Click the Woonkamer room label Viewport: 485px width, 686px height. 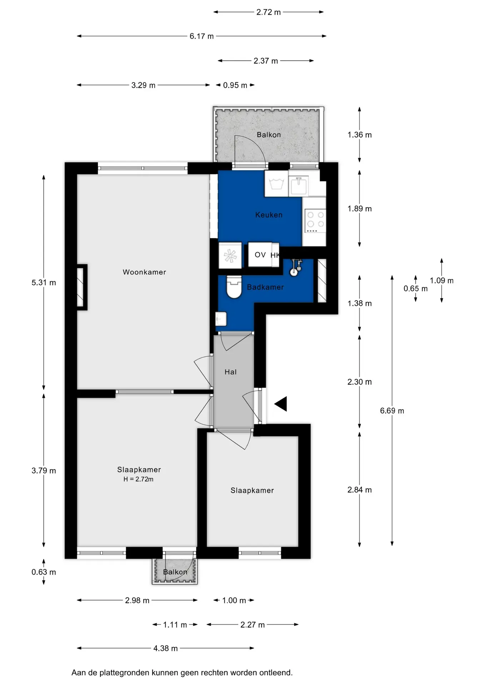tap(144, 272)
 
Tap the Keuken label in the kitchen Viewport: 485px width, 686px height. tap(269, 215)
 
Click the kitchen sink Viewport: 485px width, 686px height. tap(299, 185)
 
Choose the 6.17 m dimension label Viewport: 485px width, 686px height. tap(202, 36)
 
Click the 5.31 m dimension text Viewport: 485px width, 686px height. tap(44, 283)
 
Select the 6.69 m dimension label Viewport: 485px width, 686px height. tap(392, 411)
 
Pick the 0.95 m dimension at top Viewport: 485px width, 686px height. tap(235, 85)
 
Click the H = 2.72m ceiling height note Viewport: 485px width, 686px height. tap(138, 479)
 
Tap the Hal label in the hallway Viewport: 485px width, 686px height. tap(230, 372)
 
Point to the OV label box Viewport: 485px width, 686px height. tap(260, 255)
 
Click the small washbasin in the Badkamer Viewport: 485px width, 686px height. tap(221, 319)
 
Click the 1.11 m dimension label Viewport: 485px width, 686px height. tap(175, 625)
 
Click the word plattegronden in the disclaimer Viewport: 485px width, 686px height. tap(125, 673)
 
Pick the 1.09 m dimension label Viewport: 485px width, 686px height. tap(441, 281)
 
